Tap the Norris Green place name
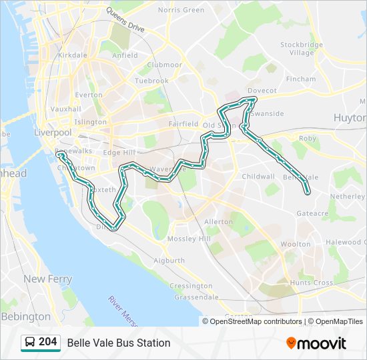click(181, 10)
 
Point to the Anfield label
click(125, 55)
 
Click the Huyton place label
click(350, 117)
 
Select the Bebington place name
click(26, 317)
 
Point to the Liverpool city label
click(53, 133)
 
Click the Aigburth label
click(169, 260)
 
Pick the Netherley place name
click(348, 197)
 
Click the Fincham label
click(300, 79)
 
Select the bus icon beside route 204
click(30, 343)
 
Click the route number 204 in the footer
click(47, 342)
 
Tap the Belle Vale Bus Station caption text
click(119, 343)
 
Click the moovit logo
click(316, 343)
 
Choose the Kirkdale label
click(73, 55)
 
